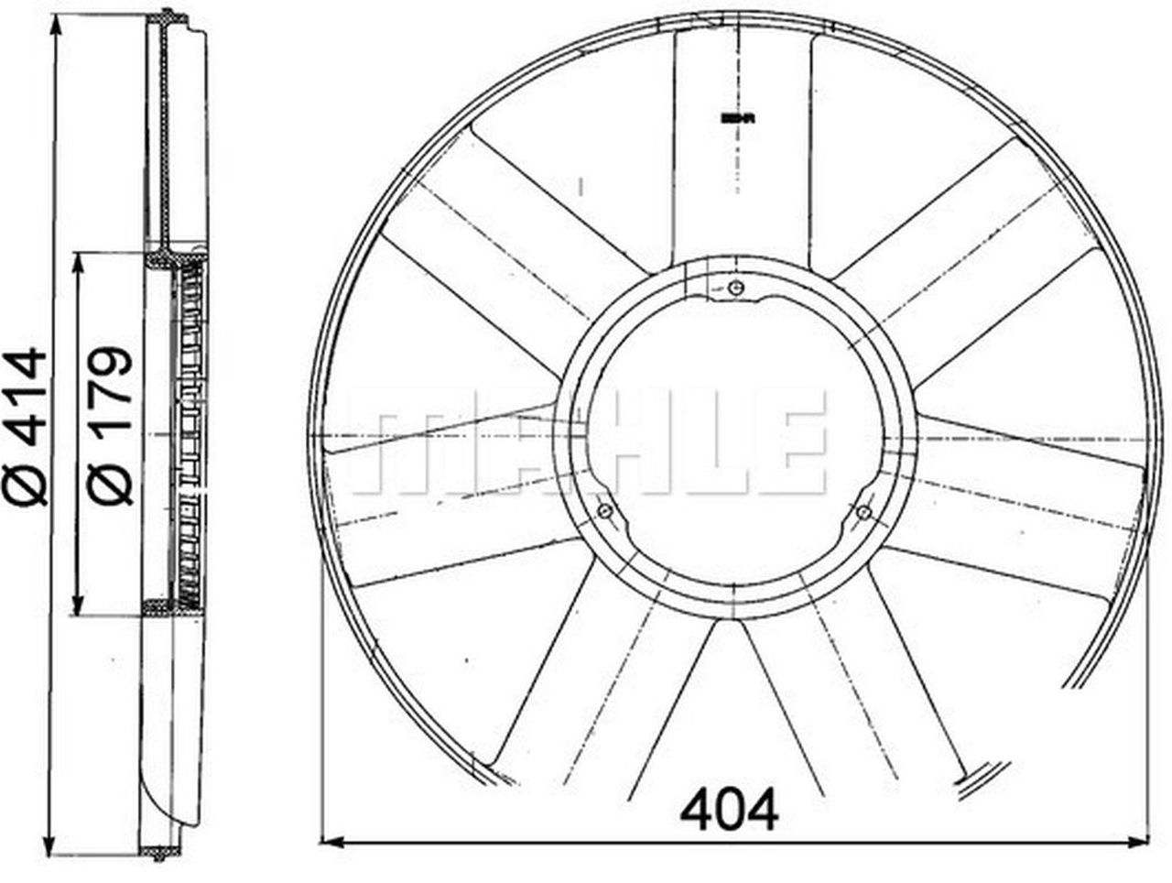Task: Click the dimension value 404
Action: click(730, 808)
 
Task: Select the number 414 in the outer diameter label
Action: click(25, 396)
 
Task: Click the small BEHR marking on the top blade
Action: click(736, 118)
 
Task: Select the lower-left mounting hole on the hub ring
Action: click(604, 511)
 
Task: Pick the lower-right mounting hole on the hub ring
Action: click(863, 512)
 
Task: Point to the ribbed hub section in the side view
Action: click(190, 431)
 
